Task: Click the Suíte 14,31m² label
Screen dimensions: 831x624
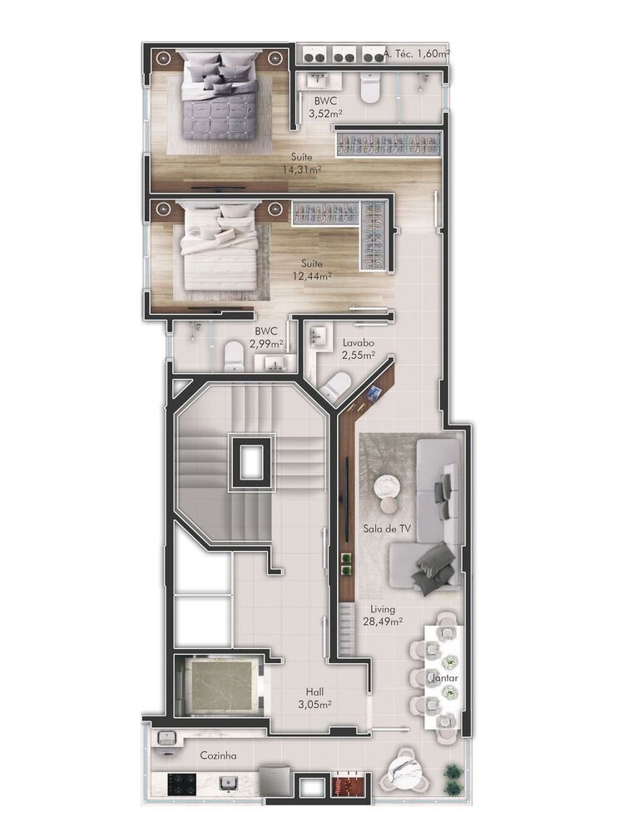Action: tap(302, 163)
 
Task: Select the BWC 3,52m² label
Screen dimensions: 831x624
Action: tap(324, 106)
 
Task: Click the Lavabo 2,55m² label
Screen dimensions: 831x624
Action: tap(358, 350)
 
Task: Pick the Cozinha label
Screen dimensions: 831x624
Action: tap(218, 756)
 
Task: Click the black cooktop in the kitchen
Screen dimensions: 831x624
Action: tap(181, 783)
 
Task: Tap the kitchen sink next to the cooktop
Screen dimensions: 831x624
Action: tap(225, 782)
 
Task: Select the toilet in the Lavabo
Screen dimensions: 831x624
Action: tap(336, 386)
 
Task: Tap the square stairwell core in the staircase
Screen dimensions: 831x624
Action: tap(251, 460)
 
